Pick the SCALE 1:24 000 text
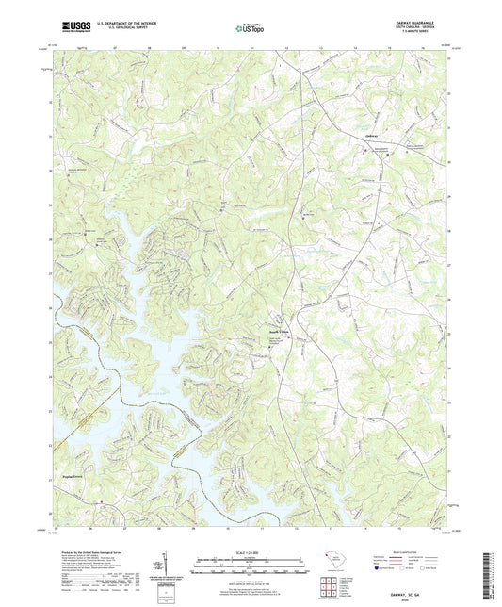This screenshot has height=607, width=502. (x=251, y=552)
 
